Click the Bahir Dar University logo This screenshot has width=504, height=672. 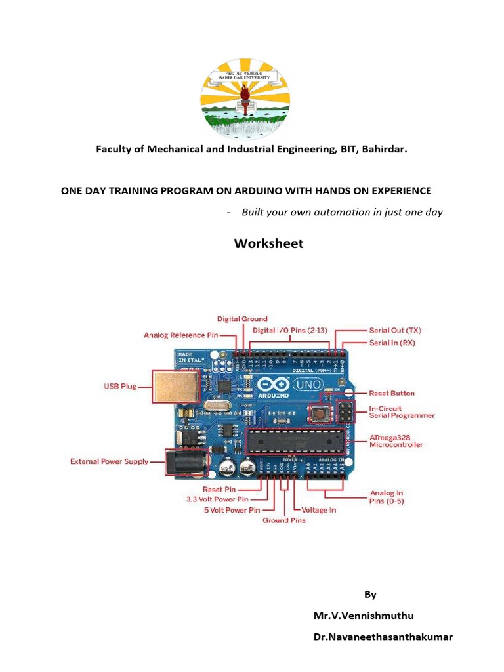click(244, 98)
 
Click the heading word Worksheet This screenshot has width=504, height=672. click(269, 243)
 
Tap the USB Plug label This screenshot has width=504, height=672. click(119, 386)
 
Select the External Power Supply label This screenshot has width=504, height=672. click(110, 461)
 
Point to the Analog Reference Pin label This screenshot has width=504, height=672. click(181, 335)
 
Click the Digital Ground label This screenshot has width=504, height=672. click(242, 319)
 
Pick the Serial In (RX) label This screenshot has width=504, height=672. click(392, 343)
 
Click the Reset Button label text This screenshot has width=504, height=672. click(392, 393)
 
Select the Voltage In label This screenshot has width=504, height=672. click(320, 509)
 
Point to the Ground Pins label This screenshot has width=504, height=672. click(284, 520)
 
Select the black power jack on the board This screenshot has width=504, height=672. click(186, 461)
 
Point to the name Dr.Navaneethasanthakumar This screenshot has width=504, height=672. click(383, 637)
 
